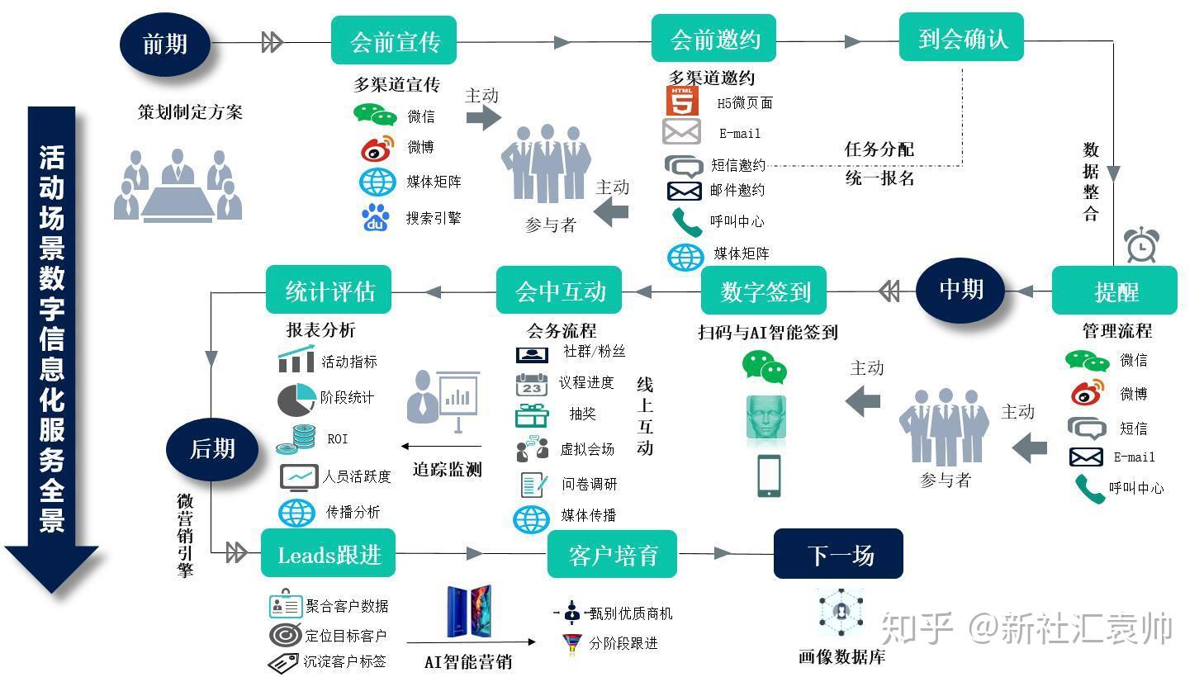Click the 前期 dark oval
165,43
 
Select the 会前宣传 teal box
394,41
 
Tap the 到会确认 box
961,38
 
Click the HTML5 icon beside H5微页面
683,101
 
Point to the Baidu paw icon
377,218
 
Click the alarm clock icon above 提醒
1141,246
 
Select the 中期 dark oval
960,290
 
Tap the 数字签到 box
764,291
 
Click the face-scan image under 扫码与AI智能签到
766,417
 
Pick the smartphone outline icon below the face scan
769,476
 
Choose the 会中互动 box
560,291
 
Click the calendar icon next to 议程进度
532,384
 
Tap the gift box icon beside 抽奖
532,415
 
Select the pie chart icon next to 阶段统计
296,400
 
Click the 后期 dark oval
212,449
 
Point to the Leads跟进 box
328,554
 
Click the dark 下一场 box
838,554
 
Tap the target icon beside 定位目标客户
286,635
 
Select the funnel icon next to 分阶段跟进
571,643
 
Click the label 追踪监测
447,470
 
